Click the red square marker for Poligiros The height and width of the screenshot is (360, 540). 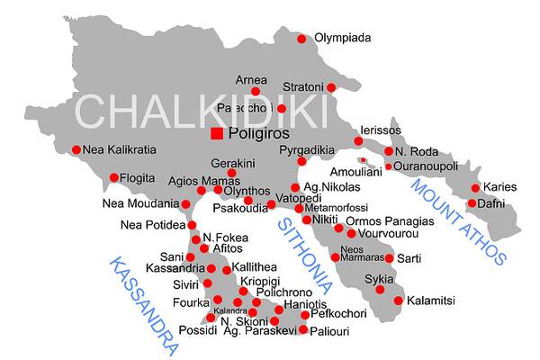click(x=217, y=134)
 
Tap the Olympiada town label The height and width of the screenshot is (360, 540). click(x=342, y=38)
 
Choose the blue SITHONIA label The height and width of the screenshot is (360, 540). click(x=305, y=256)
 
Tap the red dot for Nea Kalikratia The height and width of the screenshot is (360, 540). click(x=76, y=149)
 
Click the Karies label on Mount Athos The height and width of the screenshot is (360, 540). click(x=500, y=187)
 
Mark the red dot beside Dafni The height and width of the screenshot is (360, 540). click(x=472, y=203)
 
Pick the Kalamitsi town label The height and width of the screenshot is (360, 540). click(x=431, y=301)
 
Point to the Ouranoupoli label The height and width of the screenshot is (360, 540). click(x=427, y=166)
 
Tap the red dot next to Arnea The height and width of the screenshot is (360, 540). click(x=256, y=91)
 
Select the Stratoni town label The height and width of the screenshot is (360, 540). click(x=304, y=87)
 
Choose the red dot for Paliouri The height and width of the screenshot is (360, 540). click(x=303, y=329)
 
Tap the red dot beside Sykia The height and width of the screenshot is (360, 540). click(x=380, y=289)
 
